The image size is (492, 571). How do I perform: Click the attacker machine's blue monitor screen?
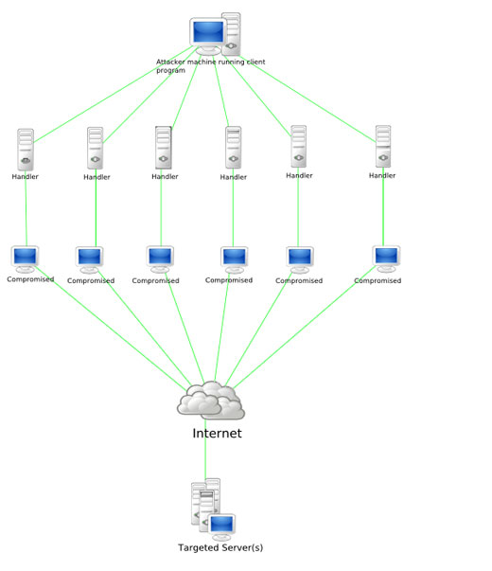(x=208, y=31)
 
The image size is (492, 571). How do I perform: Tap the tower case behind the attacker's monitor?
(x=232, y=34)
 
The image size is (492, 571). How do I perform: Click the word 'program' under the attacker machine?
(x=170, y=71)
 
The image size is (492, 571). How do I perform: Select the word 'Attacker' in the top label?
(x=170, y=62)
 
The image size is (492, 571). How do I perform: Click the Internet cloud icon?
(x=211, y=401)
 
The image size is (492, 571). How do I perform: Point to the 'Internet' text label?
(x=217, y=433)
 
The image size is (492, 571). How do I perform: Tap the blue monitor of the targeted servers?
(x=221, y=525)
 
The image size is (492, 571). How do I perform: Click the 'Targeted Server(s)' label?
(x=220, y=547)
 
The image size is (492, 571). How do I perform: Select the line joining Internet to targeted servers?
(x=205, y=450)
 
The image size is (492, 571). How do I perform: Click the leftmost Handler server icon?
(x=26, y=150)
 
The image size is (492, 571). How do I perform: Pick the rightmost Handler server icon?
(x=383, y=147)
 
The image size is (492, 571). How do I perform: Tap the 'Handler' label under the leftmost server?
(x=26, y=177)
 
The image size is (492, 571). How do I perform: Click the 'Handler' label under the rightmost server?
(x=382, y=175)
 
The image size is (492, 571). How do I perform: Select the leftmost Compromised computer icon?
(x=25, y=259)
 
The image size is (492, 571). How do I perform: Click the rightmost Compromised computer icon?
(x=386, y=259)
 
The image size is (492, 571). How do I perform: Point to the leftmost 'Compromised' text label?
(x=30, y=279)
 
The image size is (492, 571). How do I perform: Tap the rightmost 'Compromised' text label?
(x=378, y=281)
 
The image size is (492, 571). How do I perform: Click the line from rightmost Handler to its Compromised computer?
(x=383, y=206)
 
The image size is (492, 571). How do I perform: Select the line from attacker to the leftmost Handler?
(x=114, y=95)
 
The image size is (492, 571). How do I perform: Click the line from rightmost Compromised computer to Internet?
(x=305, y=328)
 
